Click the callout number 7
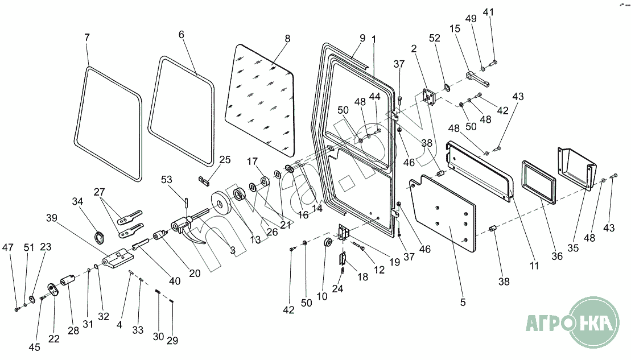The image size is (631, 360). pos(86,37)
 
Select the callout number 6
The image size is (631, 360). pos(182,34)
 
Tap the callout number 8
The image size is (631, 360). pos(287,39)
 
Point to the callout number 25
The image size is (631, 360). pos(225,160)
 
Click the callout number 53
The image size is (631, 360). pos(167,180)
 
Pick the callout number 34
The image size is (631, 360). pos(77,201)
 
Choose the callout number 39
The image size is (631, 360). pos(52,218)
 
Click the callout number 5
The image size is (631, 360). pos(463,303)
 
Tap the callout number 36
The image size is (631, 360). pos(557,256)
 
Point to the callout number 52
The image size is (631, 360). pos(435,38)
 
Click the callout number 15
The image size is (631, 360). pos(454,28)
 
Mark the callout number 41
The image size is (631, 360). pos(489,13)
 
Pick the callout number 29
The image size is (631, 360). pos(172,341)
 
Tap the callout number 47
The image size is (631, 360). pos(7,247)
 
